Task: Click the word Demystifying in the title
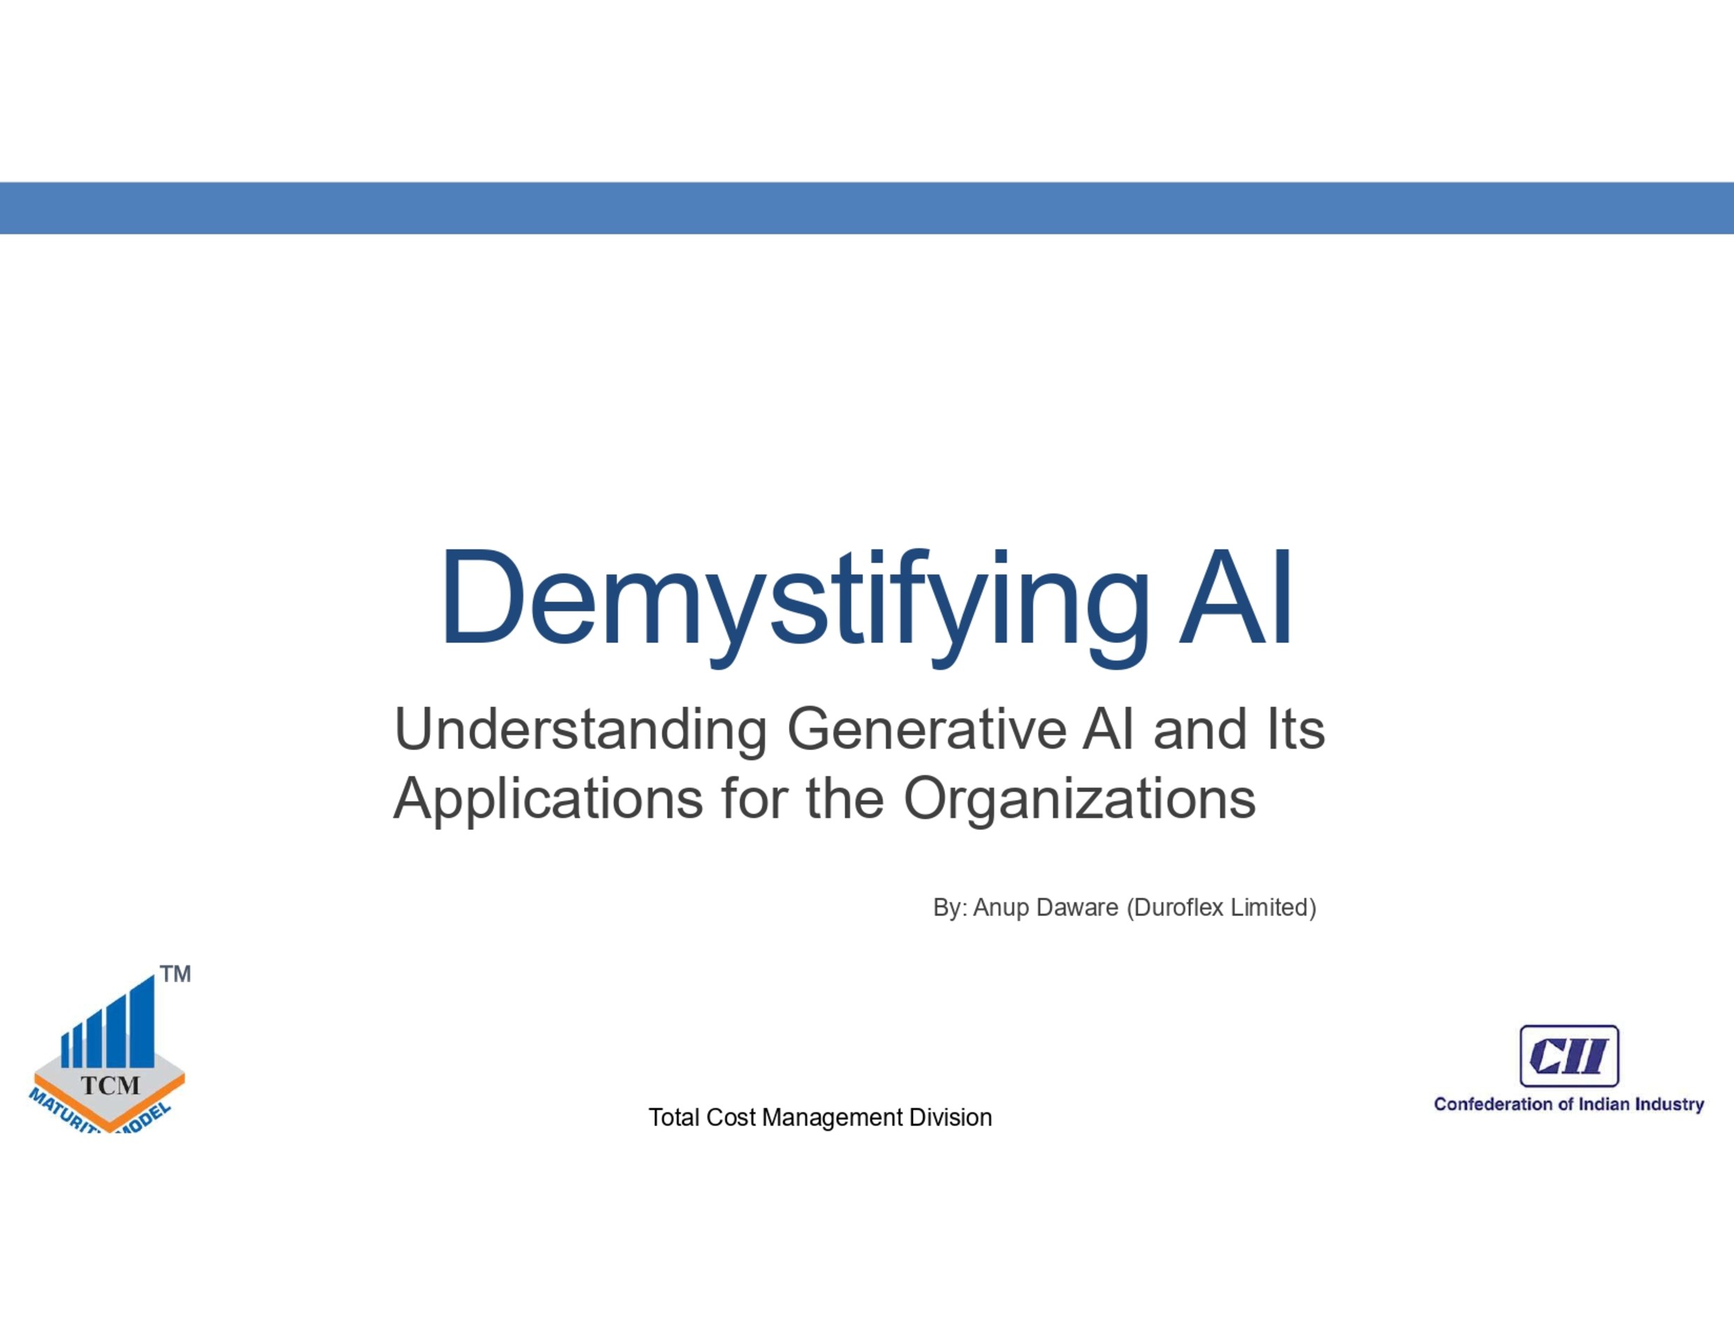(x=794, y=606)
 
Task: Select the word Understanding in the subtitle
(x=580, y=731)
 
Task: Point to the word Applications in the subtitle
(x=548, y=800)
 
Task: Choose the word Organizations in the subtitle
(x=1080, y=800)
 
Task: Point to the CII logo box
(x=1569, y=1055)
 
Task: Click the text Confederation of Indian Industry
(x=1569, y=1105)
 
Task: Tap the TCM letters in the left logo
(x=111, y=1085)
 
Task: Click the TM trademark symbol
(x=175, y=974)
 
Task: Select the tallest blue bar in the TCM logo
(x=142, y=1022)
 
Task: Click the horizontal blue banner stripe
(x=867, y=208)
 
